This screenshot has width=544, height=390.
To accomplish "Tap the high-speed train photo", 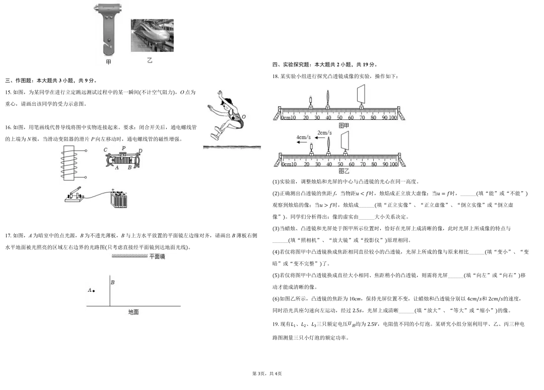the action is (x=152, y=35).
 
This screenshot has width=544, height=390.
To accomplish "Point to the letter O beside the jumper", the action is (x=244, y=116).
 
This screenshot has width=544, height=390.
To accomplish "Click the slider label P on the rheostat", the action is (x=123, y=148).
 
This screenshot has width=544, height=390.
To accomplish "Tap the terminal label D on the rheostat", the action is (x=140, y=151).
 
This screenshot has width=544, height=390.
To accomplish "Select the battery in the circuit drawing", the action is (x=119, y=199).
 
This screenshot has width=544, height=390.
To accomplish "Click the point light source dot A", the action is (x=94, y=291).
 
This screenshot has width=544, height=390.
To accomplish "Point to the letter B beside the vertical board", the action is (x=113, y=283).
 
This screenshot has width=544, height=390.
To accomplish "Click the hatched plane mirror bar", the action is (x=129, y=256).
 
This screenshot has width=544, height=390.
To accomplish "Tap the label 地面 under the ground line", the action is (x=133, y=312).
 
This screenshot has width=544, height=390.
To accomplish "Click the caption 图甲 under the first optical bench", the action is (x=344, y=125).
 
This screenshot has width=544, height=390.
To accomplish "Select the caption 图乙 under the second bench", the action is (x=344, y=171).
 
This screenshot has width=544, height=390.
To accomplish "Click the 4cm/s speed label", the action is (x=304, y=138).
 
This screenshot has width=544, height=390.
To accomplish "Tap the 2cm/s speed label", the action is (x=324, y=133).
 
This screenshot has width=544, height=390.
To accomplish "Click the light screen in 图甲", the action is (x=361, y=95).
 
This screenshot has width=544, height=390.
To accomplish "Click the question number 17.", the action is (x=9, y=236).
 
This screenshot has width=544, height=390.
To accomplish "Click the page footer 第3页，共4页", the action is (x=267, y=374).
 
